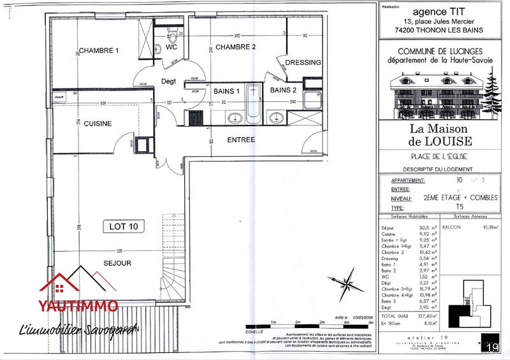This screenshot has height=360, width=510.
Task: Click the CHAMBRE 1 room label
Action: click(x=99, y=51)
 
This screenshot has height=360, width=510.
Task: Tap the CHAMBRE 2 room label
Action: click(x=235, y=47)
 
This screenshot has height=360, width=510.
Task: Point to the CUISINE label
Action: click(x=98, y=124)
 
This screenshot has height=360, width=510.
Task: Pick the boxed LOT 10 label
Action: click(x=125, y=226)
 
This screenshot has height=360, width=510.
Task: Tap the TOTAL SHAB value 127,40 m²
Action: click(x=425, y=316)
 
